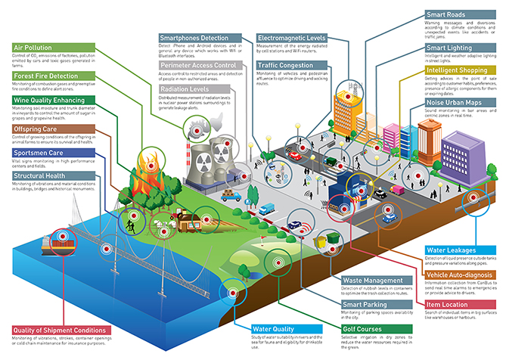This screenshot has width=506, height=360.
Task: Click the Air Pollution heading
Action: [33, 47]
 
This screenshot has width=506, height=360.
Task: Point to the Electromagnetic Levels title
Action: [292, 37]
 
